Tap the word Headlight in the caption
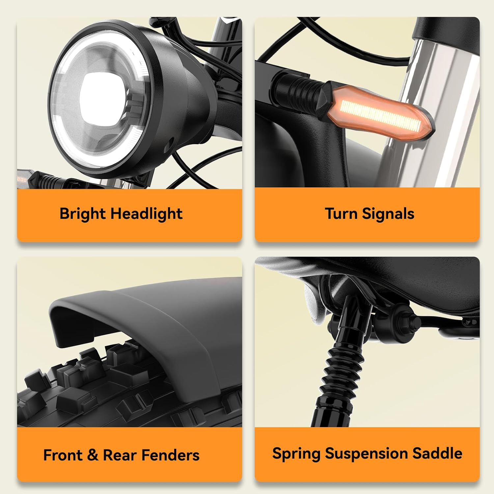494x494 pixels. point(147,214)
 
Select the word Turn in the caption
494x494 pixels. point(341,213)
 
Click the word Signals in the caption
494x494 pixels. point(388,214)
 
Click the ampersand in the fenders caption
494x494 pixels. point(93,455)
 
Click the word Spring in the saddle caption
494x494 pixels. point(296,454)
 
